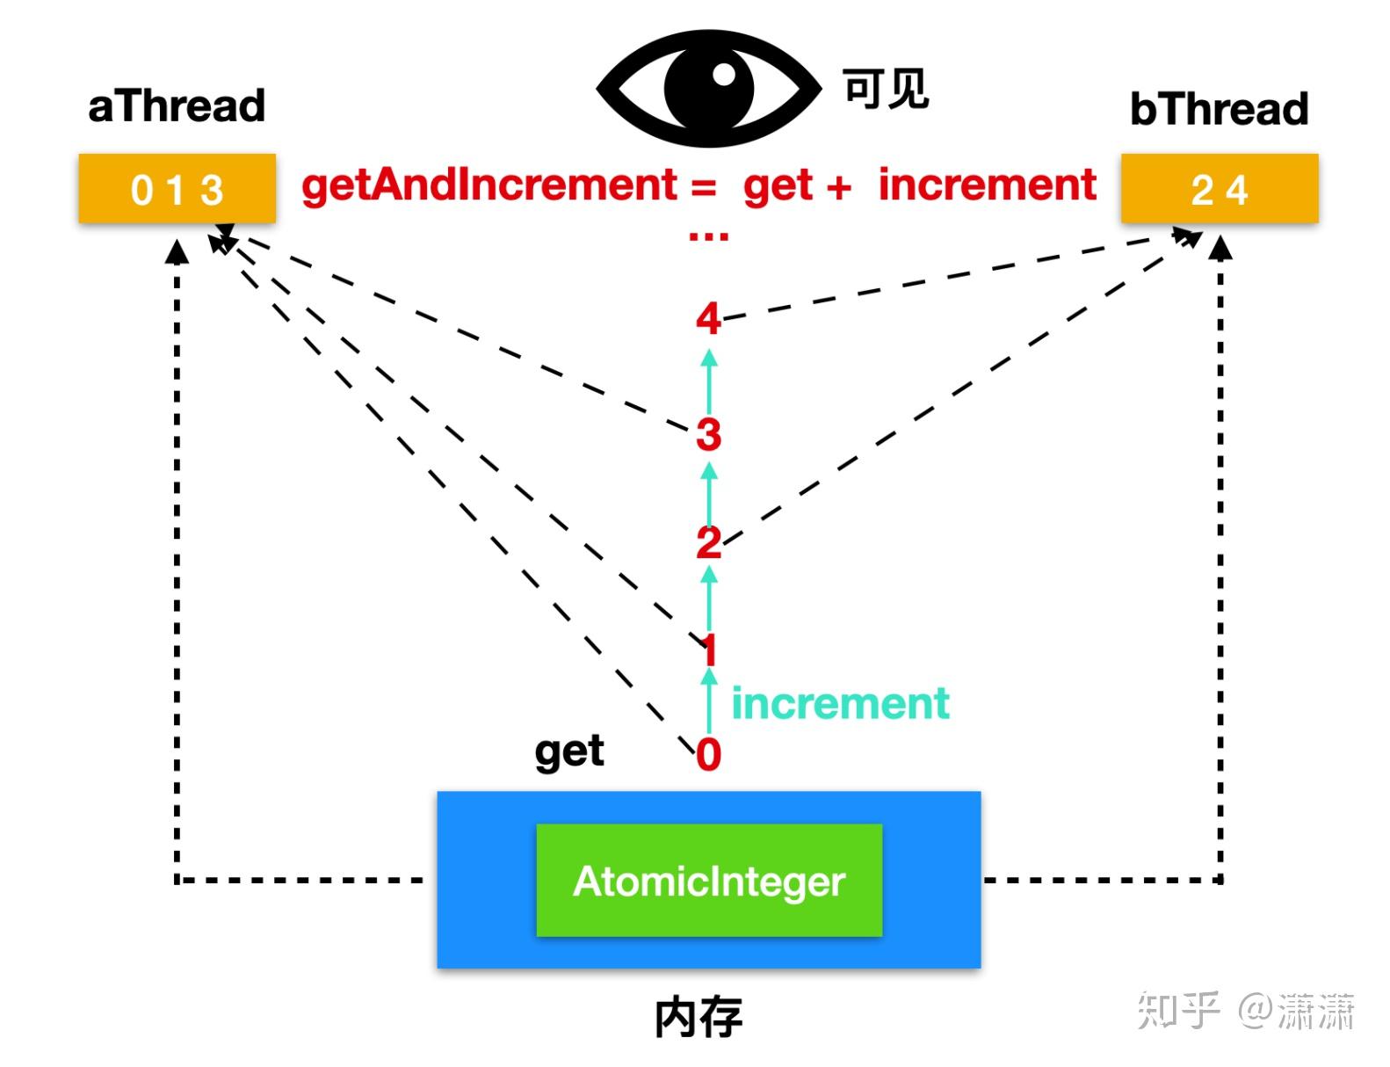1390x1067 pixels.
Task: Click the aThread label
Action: click(x=177, y=105)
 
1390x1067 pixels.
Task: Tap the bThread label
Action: click(x=1219, y=108)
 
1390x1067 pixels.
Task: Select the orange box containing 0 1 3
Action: click(x=177, y=188)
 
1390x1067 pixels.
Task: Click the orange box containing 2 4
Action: click(x=1220, y=188)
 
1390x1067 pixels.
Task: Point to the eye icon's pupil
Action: click(x=709, y=88)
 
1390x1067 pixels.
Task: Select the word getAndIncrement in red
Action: click(x=489, y=185)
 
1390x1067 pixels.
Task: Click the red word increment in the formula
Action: click(x=988, y=185)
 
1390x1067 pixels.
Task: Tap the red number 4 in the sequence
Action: click(x=709, y=318)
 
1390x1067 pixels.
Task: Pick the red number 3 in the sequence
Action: click(x=709, y=434)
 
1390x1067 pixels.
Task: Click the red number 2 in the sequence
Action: click(x=709, y=542)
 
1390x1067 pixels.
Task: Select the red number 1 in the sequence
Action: click(x=709, y=650)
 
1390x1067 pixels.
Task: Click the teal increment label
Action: click(x=840, y=703)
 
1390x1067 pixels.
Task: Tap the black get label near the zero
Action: click(x=569, y=752)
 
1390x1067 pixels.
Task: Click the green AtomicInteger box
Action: click(x=709, y=880)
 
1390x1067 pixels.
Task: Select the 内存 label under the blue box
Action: click(x=699, y=1017)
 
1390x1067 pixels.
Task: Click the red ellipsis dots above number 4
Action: click(x=709, y=236)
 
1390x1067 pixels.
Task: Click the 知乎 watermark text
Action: click(x=1178, y=1010)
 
